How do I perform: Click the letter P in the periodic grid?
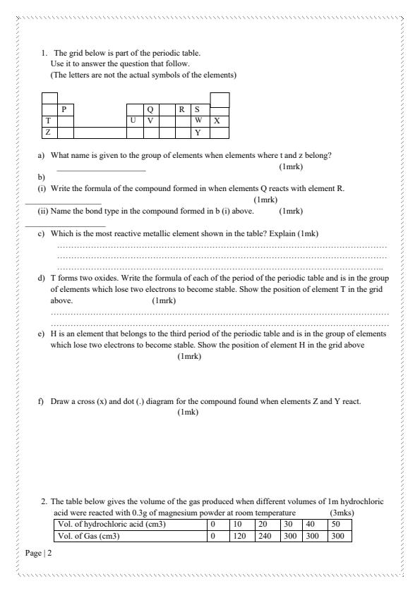(64, 109)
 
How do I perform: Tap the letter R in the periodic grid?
(181, 109)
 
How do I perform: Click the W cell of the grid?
(198, 121)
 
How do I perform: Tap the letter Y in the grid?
(198, 132)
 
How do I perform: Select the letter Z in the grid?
(47, 132)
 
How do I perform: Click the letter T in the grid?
(47, 121)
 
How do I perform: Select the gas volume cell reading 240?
(263, 536)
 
